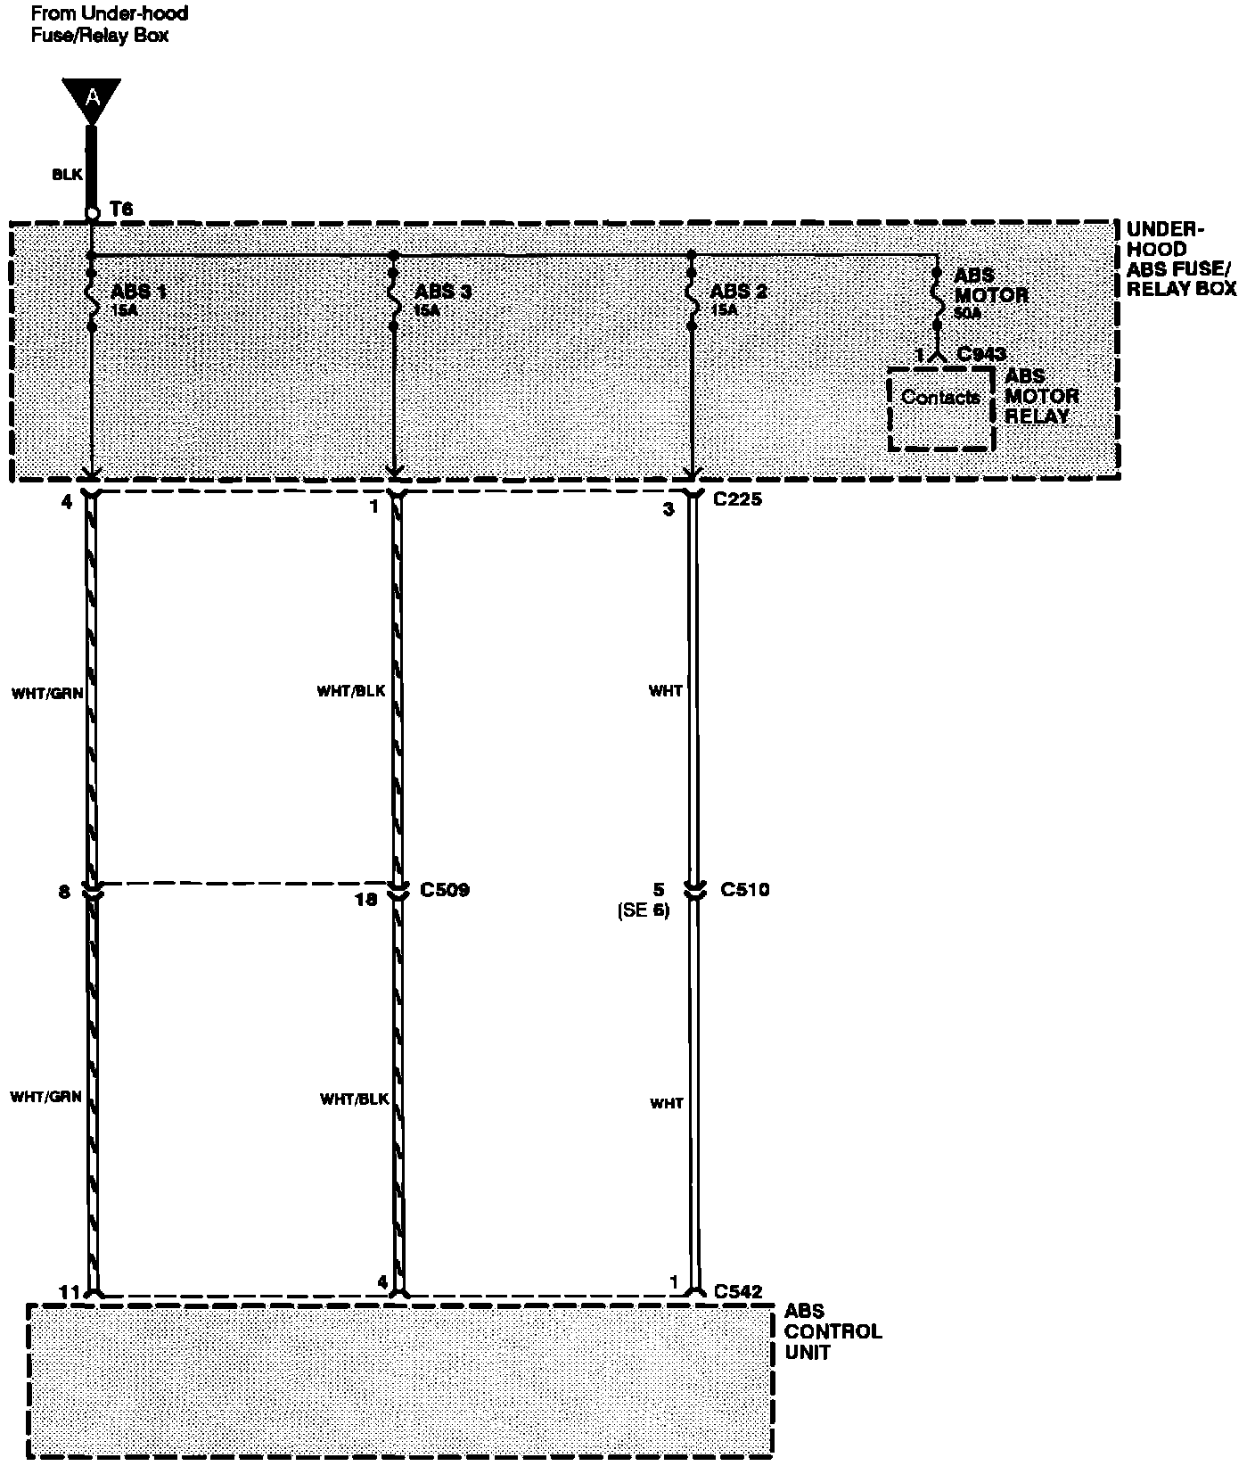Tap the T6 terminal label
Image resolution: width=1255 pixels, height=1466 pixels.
[121, 209]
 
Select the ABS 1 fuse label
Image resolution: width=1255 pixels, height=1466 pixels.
[139, 292]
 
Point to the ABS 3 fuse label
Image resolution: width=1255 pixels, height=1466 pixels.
[443, 292]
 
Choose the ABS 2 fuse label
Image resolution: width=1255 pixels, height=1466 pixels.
[739, 292]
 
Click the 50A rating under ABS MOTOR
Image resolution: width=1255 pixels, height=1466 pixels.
[967, 313]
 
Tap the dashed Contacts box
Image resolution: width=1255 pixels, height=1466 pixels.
[941, 408]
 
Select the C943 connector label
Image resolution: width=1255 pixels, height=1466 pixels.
[981, 354]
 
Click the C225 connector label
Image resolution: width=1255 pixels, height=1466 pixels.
[738, 499]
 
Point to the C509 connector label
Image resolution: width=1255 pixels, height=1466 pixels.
[445, 890]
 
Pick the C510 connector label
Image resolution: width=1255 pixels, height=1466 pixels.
[745, 889]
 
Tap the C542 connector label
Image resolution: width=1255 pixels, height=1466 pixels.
[738, 1290]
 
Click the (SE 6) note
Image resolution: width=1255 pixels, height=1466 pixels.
[643, 910]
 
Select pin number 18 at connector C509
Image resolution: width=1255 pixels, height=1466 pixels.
[366, 899]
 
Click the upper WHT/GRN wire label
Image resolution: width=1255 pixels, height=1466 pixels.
[48, 691]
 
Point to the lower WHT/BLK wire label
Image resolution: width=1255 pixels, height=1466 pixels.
[355, 1099]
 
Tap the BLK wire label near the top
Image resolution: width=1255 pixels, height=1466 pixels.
[67, 175]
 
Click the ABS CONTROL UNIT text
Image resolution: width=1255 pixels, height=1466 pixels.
[833, 1331]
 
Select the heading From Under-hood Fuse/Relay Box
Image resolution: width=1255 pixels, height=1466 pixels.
[110, 25]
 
